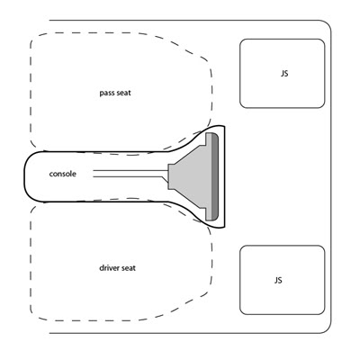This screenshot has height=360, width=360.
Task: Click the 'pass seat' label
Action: tap(115, 93)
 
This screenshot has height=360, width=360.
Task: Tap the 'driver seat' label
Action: tap(117, 267)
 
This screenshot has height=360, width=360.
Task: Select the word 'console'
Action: tap(63, 174)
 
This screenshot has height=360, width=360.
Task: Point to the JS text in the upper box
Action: tap(284, 74)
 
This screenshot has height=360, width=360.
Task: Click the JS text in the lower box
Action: tap(278, 280)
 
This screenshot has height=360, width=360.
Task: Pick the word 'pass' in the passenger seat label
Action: tap(106, 94)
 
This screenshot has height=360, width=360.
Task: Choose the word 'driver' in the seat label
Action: tap(109, 267)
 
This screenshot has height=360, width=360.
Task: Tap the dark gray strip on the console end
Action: tap(215, 176)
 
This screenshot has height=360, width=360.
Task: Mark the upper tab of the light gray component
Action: tap(209, 139)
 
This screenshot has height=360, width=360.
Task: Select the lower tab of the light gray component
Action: tap(209, 214)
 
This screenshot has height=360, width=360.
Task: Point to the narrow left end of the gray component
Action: tap(171, 176)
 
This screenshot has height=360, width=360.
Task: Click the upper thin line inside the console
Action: tap(130, 171)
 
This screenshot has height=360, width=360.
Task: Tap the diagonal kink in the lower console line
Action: tap(166, 179)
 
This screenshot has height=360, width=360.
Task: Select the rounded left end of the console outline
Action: tap(25, 176)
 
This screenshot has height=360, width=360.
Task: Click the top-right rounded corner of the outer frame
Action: tap(327, 24)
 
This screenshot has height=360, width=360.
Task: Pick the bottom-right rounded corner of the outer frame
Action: tap(327, 328)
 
